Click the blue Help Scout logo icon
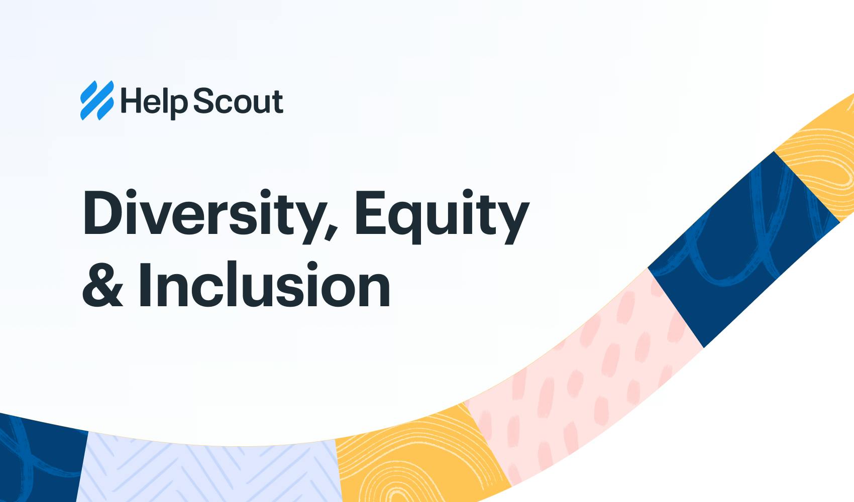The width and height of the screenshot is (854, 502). pyautogui.click(x=97, y=100)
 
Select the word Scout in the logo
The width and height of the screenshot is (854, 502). pyautogui.click(x=238, y=101)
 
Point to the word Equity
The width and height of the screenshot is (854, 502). pyautogui.click(x=442, y=215)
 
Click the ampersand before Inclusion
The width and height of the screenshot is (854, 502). pyautogui.click(x=102, y=285)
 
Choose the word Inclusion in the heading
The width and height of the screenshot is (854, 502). pyautogui.click(x=264, y=285)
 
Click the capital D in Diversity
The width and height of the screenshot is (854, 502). pyautogui.click(x=103, y=212)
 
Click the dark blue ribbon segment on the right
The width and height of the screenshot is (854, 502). pyautogui.click(x=738, y=246)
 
